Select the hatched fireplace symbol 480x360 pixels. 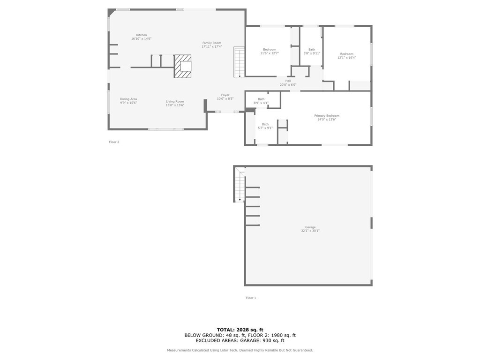(183, 66)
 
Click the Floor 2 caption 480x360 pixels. (114, 142)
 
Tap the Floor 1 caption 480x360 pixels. (251, 298)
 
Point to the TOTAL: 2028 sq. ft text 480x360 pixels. (240, 330)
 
